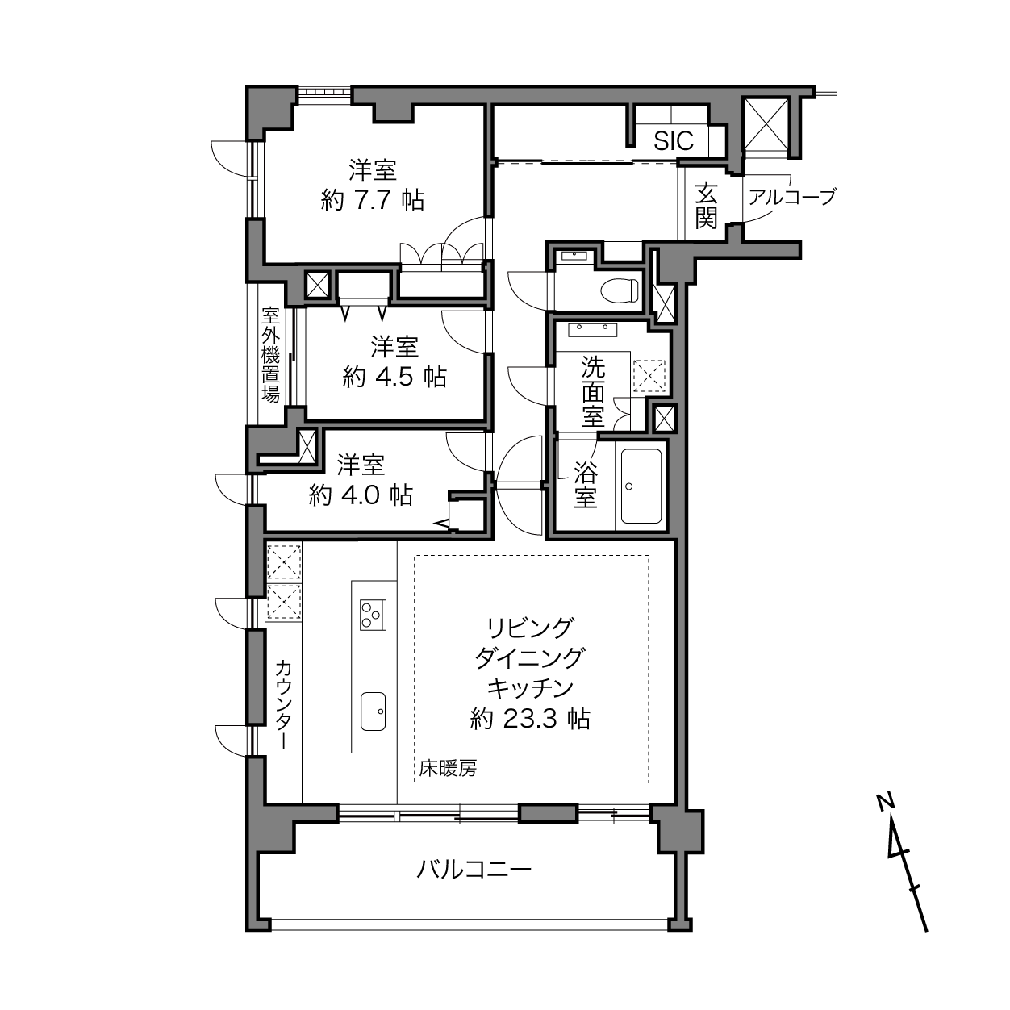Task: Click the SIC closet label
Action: coord(674,141)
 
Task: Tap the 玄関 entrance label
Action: coord(706,206)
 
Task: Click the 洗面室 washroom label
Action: coord(593,393)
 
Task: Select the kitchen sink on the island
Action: coord(373,711)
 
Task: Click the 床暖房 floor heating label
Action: coord(448,769)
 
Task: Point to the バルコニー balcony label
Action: coord(474,870)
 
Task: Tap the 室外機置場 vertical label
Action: coord(270,354)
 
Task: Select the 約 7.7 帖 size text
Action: coord(372,200)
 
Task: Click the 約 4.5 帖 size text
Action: coord(394,377)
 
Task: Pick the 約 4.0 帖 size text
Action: coord(361,495)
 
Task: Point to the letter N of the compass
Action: coord(886,801)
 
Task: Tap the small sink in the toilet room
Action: coord(575,257)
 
